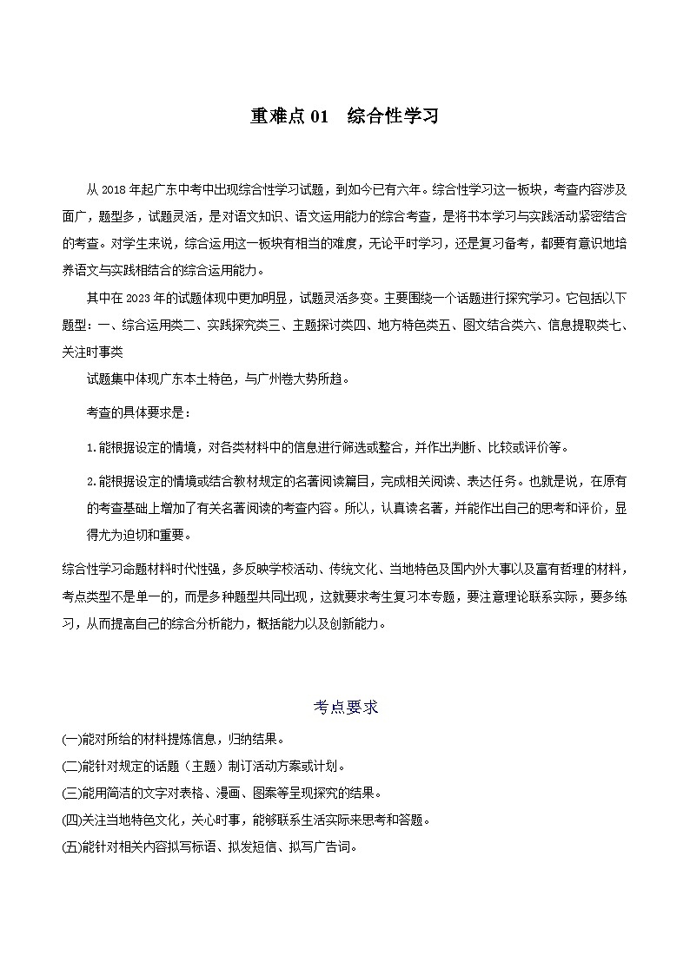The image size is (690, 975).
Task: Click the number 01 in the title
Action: pyautogui.click(x=318, y=116)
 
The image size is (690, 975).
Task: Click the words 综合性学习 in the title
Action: pyautogui.click(x=392, y=116)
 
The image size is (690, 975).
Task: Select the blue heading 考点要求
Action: pyautogui.click(x=345, y=707)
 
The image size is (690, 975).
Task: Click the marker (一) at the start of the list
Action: pyautogui.click(x=71, y=740)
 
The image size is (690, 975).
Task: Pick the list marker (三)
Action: pyautogui.click(x=71, y=793)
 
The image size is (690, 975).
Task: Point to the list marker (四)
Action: pyautogui.click(x=71, y=820)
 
